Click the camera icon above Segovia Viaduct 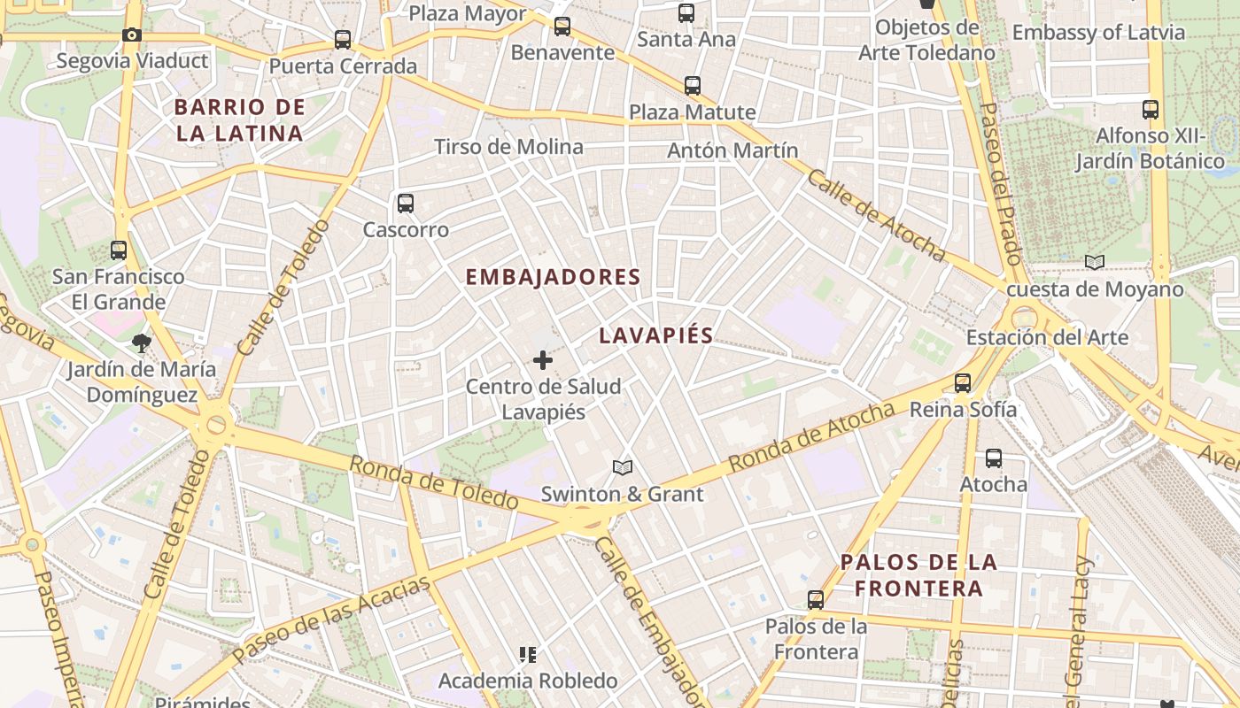click(131, 35)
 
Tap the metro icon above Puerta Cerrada click(343, 40)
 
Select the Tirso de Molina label click(508, 147)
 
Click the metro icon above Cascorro click(406, 204)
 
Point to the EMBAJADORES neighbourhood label click(553, 277)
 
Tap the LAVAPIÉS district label click(655, 335)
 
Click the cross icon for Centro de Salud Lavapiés click(543, 360)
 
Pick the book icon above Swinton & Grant click(623, 467)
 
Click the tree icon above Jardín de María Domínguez click(140, 342)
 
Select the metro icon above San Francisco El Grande click(119, 250)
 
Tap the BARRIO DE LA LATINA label click(239, 120)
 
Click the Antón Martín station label click(732, 150)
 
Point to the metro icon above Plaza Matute click(693, 86)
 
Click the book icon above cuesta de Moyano click(1095, 262)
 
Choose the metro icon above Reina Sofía click(963, 383)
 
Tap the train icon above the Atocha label click(994, 458)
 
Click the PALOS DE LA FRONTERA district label click(918, 574)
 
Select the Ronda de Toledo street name click(433, 483)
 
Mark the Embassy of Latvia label click(1098, 33)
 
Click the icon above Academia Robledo click(528, 655)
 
